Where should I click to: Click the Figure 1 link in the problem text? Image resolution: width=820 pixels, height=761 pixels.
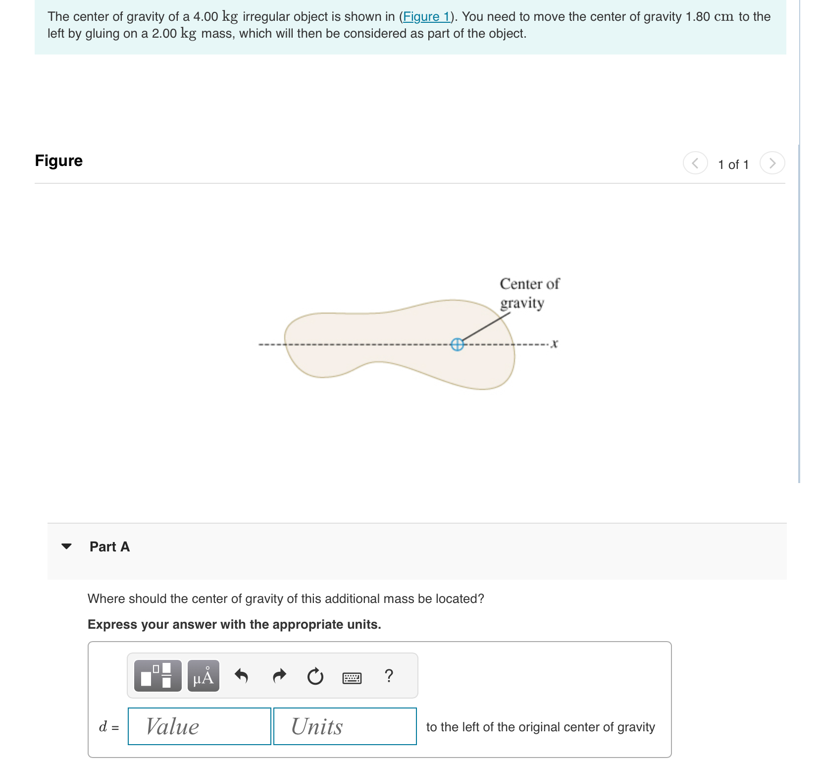coord(426,17)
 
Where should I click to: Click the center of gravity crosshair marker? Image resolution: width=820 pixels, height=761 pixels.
coord(457,344)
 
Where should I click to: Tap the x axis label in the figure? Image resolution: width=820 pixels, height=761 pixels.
coord(555,343)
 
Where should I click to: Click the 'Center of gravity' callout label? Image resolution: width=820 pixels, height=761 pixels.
coord(529,293)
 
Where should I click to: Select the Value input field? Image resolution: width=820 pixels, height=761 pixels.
coord(199,726)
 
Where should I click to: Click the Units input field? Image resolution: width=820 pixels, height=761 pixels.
coord(345,726)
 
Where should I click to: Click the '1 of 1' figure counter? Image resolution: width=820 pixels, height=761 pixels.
coord(733,164)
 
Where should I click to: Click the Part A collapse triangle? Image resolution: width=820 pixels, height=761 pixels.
coord(66,546)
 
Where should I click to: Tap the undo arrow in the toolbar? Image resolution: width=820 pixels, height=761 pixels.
coord(241,676)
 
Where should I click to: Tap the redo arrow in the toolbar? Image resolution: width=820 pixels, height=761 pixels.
coord(279,676)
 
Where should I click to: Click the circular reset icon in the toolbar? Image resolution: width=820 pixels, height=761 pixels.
coord(315,676)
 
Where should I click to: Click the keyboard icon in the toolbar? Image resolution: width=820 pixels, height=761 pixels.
coord(352,677)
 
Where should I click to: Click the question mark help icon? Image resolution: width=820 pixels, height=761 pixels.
coord(389,676)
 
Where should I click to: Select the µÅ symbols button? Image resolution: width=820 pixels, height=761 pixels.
coord(204,676)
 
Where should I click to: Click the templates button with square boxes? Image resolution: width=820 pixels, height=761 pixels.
coord(157,676)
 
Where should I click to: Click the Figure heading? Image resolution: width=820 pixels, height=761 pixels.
coord(59,161)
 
